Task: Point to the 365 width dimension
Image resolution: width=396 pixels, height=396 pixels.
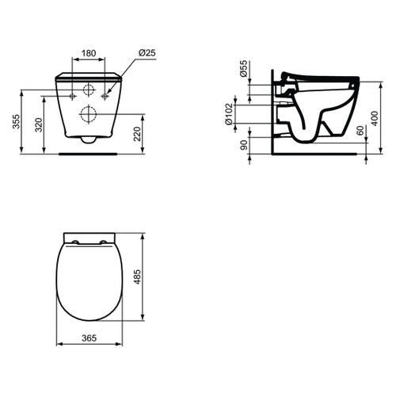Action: pos(88,338)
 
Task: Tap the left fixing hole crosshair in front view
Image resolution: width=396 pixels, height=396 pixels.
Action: pos(73,96)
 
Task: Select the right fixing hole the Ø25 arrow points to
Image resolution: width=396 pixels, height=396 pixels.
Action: pos(104,96)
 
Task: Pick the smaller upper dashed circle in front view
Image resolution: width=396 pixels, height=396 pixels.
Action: pos(88,87)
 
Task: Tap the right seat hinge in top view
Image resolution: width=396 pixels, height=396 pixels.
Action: pos(104,243)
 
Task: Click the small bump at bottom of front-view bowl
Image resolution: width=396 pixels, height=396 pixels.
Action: pos(88,140)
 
